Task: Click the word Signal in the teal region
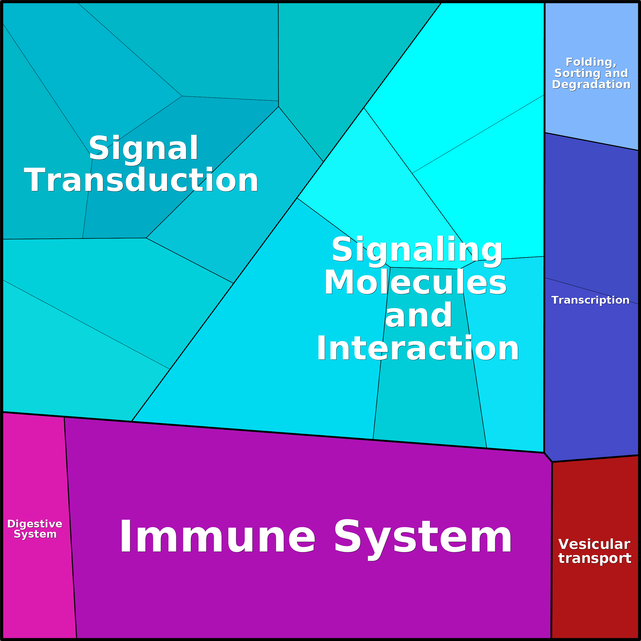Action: coord(143,148)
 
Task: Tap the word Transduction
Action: coord(141,180)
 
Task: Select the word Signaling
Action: coord(417,250)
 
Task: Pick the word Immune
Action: coord(217,536)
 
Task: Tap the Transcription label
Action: coord(590,300)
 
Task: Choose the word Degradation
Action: coord(591,85)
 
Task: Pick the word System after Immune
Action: coord(423,536)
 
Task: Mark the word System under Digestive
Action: coord(35,534)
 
